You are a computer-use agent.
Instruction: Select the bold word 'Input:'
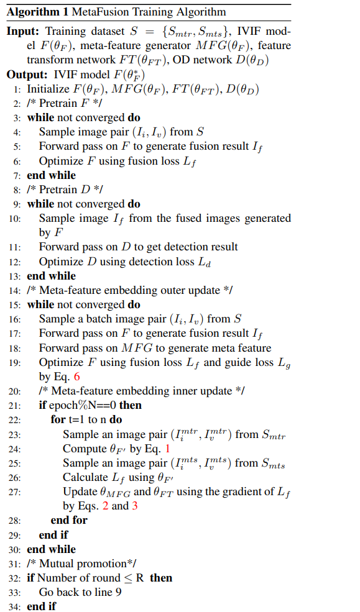click(22, 32)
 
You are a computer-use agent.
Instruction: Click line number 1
click(18, 89)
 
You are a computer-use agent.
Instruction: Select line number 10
click(15, 218)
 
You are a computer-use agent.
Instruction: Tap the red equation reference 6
click(76, 377)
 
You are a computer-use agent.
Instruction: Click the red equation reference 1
click(168, 448)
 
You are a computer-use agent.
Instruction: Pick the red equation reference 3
click(134, 506)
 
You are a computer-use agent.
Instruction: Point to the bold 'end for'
click(68, 520)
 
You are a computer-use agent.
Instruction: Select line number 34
click(15, 606)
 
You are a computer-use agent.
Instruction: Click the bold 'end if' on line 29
click(53, 534)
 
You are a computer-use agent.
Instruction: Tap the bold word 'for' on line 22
click(58, 419)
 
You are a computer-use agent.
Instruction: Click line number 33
click(15, 592)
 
